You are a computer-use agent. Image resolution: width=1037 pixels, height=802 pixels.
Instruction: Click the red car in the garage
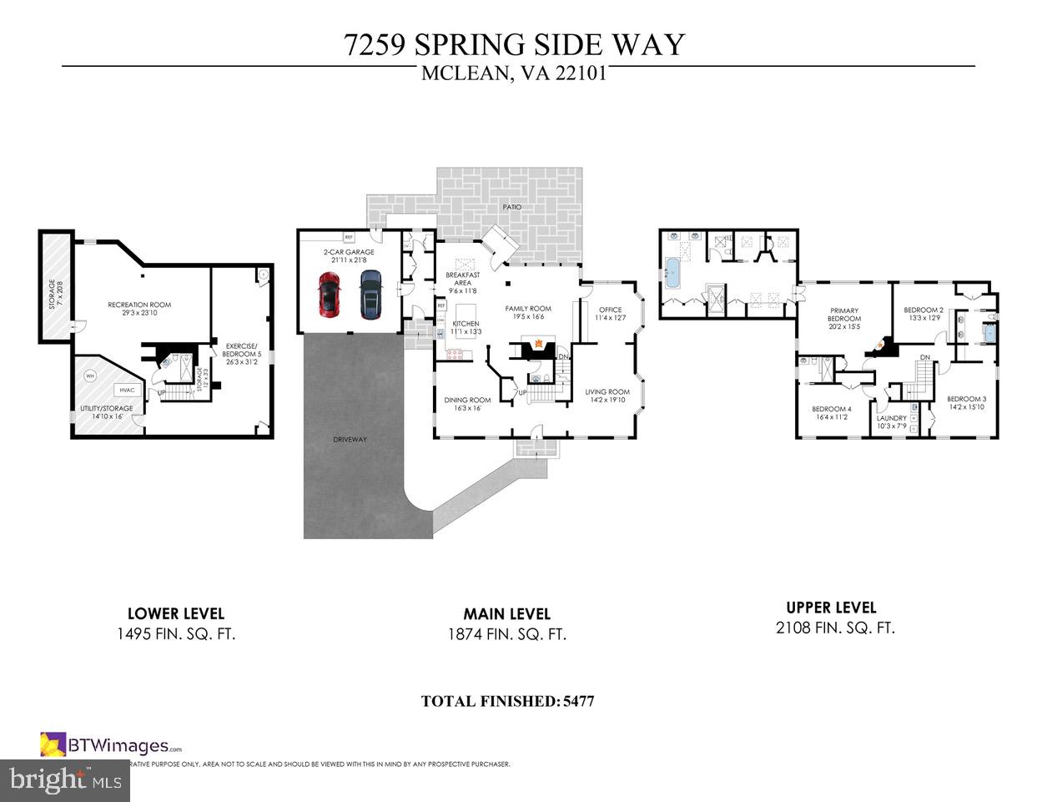[x=329, y=295]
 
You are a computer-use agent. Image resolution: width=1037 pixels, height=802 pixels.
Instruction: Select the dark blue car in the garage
[x=370, y=295]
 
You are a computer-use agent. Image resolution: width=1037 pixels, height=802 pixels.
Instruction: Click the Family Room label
[x=528, y=309]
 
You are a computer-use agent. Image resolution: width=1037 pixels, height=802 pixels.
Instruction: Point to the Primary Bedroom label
[x=843, y=315]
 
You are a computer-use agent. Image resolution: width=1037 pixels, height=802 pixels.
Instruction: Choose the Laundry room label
[x=891, y=418]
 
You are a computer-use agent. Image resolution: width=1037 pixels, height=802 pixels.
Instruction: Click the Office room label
[x=610, y=310]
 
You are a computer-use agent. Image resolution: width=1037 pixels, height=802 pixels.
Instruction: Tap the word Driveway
[x=350, y=439]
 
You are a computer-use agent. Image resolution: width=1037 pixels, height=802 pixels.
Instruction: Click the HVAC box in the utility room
[x=127, y=390]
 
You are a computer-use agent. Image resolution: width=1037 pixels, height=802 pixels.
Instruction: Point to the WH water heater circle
[x=90, y=376]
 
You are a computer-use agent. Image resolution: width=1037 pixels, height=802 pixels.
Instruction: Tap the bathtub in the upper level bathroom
[x=673, y=272]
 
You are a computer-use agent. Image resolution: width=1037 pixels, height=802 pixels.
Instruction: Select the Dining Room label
[x=467, y=400]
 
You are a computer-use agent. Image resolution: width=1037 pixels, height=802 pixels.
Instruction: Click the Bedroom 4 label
[x=831, y=408]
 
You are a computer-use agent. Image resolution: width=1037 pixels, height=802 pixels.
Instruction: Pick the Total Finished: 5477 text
[x=507, y=701]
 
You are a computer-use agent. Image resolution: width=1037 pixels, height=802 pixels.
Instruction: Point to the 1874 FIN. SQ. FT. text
[x=506, y=634]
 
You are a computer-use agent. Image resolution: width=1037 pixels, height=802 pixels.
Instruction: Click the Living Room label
[x=607, y=391]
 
